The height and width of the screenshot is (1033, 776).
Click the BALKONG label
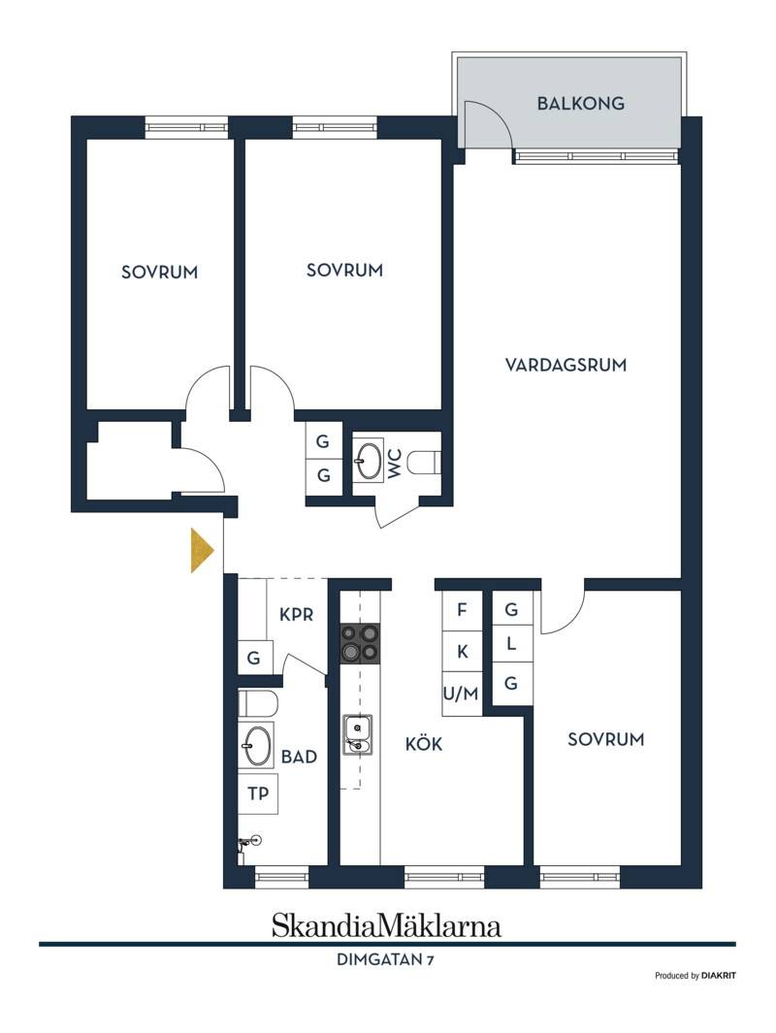tap(580, 104)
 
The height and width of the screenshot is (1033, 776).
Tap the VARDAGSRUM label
tap(566, 365)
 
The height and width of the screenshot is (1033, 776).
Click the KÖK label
tap(424, 745)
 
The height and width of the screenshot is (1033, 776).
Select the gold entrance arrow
tap(203, 550)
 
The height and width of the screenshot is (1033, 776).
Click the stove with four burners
tap(360, 643)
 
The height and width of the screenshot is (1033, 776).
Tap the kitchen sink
tap(357, 734)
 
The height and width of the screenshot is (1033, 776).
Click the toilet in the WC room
tap(424, 462)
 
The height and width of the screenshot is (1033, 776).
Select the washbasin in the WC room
tap(369, 460)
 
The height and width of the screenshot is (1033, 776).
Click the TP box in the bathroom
tap(258, 793)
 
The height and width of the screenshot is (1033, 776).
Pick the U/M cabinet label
tap(461, 694)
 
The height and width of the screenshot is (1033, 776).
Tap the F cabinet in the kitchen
tap(462, 610)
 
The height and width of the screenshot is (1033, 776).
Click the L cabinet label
tap(511, 644)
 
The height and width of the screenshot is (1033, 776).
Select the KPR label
tap(297, 615)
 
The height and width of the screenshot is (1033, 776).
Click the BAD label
tap(299, 757)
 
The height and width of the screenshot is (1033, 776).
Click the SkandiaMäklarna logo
tap(387, 925)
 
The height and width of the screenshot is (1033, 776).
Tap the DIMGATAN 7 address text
tap(385, 959)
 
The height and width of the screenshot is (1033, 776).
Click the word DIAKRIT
tap(719, 976)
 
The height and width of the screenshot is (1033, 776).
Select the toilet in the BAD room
tap(258, 703)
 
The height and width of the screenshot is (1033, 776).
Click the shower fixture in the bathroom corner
tap(247, 843)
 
